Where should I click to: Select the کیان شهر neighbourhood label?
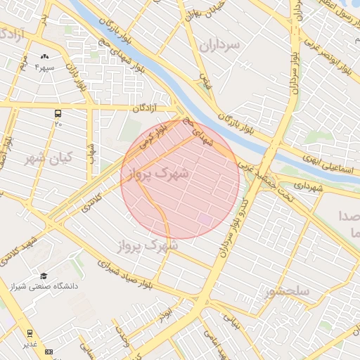click(49, 157)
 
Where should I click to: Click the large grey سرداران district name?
click(219, 46)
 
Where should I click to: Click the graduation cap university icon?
click(44, 276)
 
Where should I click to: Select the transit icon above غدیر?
click(30, 333)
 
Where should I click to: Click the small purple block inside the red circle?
click(204, 220)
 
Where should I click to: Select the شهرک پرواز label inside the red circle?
click(165, 173)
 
